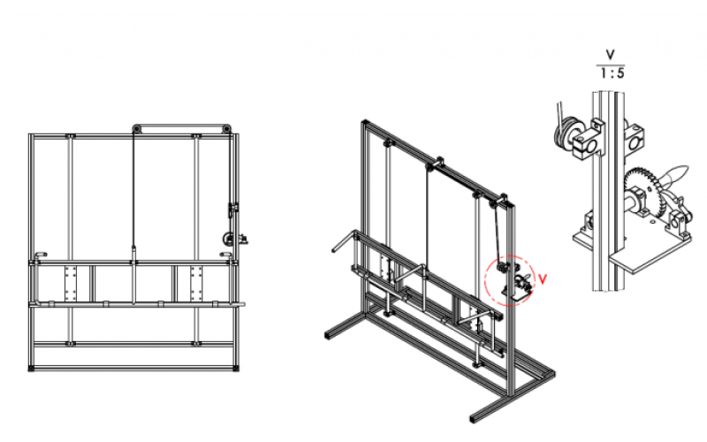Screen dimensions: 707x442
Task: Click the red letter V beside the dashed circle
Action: (543, 279)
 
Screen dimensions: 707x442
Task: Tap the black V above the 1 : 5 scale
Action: (610, 55)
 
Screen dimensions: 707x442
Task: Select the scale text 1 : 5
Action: (612, 73)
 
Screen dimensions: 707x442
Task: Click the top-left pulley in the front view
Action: (137, 128)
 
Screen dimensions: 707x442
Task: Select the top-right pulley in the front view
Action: (226, 128)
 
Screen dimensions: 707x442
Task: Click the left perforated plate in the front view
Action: (71, 283)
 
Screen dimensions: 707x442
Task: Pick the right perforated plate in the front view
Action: (195, 283)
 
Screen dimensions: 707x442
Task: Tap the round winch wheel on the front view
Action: (228, 239)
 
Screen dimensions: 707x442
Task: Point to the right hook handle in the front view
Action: (225, 255)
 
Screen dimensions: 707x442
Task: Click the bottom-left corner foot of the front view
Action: (32, 368)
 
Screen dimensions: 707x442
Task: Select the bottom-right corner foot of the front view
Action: (236, 368)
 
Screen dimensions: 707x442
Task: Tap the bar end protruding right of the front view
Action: (240, 304)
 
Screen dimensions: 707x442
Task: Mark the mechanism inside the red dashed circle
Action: (514, 279)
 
